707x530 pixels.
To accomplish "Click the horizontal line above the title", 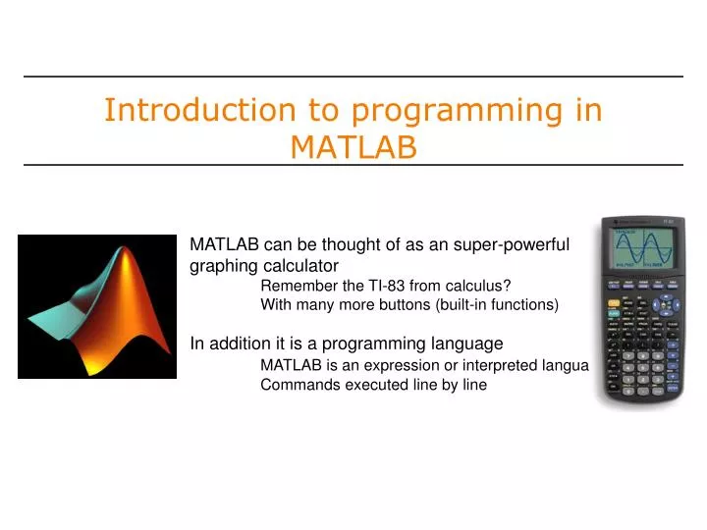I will click(x=353, y=77).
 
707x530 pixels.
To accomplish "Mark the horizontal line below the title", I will click(x=353, y=165).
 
